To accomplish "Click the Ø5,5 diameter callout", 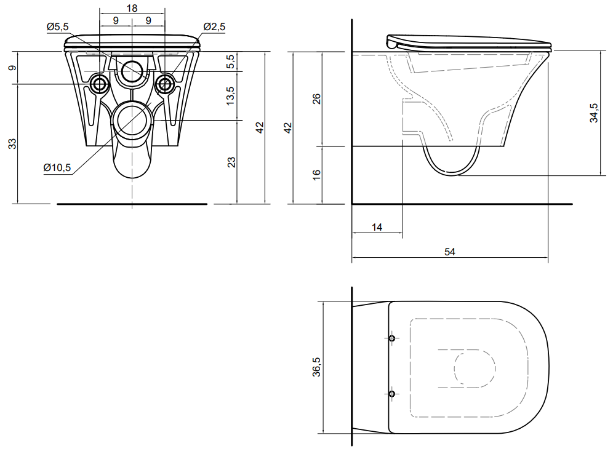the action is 57,26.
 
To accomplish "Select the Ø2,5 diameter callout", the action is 214,26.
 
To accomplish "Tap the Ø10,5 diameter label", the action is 57,167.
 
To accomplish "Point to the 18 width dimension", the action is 132,8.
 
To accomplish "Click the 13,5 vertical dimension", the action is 231,95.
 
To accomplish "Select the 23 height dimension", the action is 232,162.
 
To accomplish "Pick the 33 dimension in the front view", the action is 12,144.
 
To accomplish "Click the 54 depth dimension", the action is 449,252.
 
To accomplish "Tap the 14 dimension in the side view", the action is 377,228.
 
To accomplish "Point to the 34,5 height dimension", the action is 594,113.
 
